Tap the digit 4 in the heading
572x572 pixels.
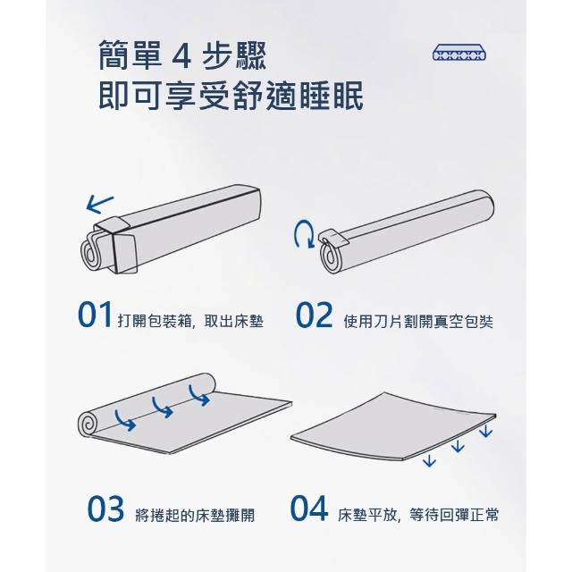click(181, 55)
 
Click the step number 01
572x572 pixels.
click(95, 315)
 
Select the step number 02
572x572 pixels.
click(314, 315)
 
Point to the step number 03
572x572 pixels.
click(105, 509)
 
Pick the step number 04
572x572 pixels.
click(309, 509)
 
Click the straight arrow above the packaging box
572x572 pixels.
click(100, 205)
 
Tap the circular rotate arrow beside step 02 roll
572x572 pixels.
click(304, 234)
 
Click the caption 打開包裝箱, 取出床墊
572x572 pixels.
click(190, 322)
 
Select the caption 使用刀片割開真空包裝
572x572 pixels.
click(418, 322)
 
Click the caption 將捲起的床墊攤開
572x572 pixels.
click(195, 515)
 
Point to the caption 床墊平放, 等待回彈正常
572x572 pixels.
click(418, 515)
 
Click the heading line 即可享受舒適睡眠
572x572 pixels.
click(231, 96)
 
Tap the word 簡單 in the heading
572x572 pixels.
click(130, 55)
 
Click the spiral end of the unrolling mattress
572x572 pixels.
click(88, 424)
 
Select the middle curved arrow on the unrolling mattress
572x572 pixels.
click(163, 407)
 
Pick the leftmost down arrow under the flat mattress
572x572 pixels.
click(429, 461)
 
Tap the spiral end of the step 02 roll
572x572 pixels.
click(330, 257)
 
